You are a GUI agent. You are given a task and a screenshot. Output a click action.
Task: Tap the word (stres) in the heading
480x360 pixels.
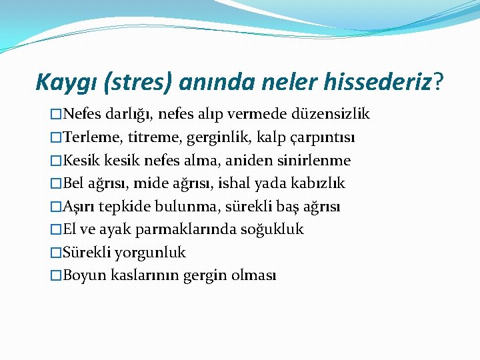point(141,83)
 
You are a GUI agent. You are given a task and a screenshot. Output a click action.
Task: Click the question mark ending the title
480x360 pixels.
point(438,83)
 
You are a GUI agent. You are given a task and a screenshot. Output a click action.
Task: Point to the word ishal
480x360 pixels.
point(235,183)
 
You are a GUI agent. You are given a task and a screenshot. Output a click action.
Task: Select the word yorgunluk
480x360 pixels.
point(150,253)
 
